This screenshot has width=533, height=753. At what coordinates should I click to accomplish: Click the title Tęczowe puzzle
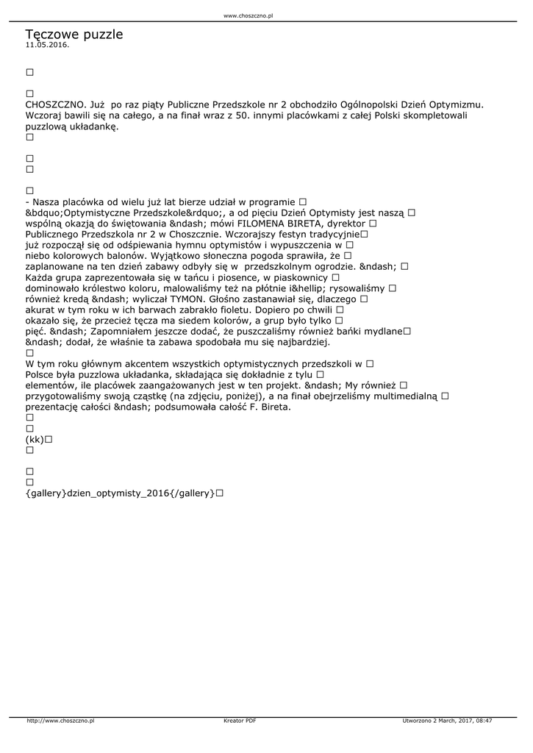74,35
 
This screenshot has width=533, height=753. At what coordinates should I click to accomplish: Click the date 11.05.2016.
47,45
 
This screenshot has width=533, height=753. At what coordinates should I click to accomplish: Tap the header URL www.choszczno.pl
248,15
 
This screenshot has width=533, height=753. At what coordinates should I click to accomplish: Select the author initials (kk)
35,439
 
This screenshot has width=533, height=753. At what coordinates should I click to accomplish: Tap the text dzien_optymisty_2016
116,493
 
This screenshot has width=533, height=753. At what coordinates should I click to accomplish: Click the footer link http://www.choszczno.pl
60,721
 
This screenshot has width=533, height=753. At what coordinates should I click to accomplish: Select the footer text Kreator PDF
240,721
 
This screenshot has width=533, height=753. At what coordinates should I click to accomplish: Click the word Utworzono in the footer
418,721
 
